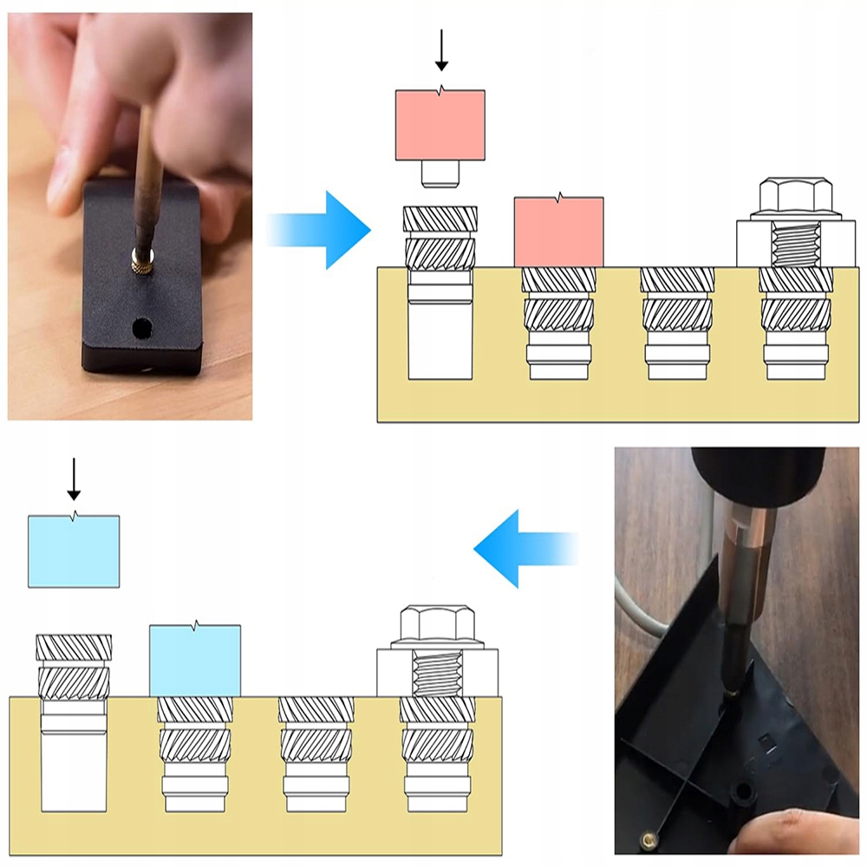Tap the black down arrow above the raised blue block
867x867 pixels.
tap(74, 479)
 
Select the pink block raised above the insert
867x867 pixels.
tap(440, 126)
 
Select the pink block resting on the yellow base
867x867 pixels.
tap(558, 232)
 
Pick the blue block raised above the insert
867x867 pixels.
tap(74, 551)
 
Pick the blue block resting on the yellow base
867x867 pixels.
tap(195, 661)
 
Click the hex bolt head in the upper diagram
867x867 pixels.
tap(796, 197)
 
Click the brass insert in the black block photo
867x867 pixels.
tap(139, 257)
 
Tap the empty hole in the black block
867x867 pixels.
tap(140, 329)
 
